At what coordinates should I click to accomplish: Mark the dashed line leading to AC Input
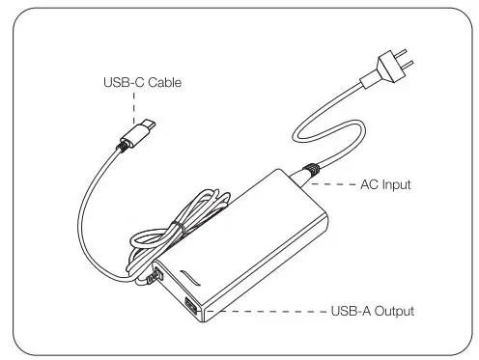pyautogui.click(x=338, y=183)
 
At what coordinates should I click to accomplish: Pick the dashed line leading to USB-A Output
pyautogui.click(x=261, y=312)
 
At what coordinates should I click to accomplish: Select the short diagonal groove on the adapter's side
pyautogui.click(x=191, y=277)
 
